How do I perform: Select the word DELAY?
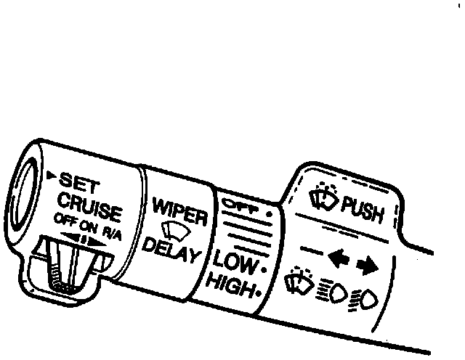click(173, 254)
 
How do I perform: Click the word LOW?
click(235, 261)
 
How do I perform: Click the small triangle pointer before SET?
click(51, 175)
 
